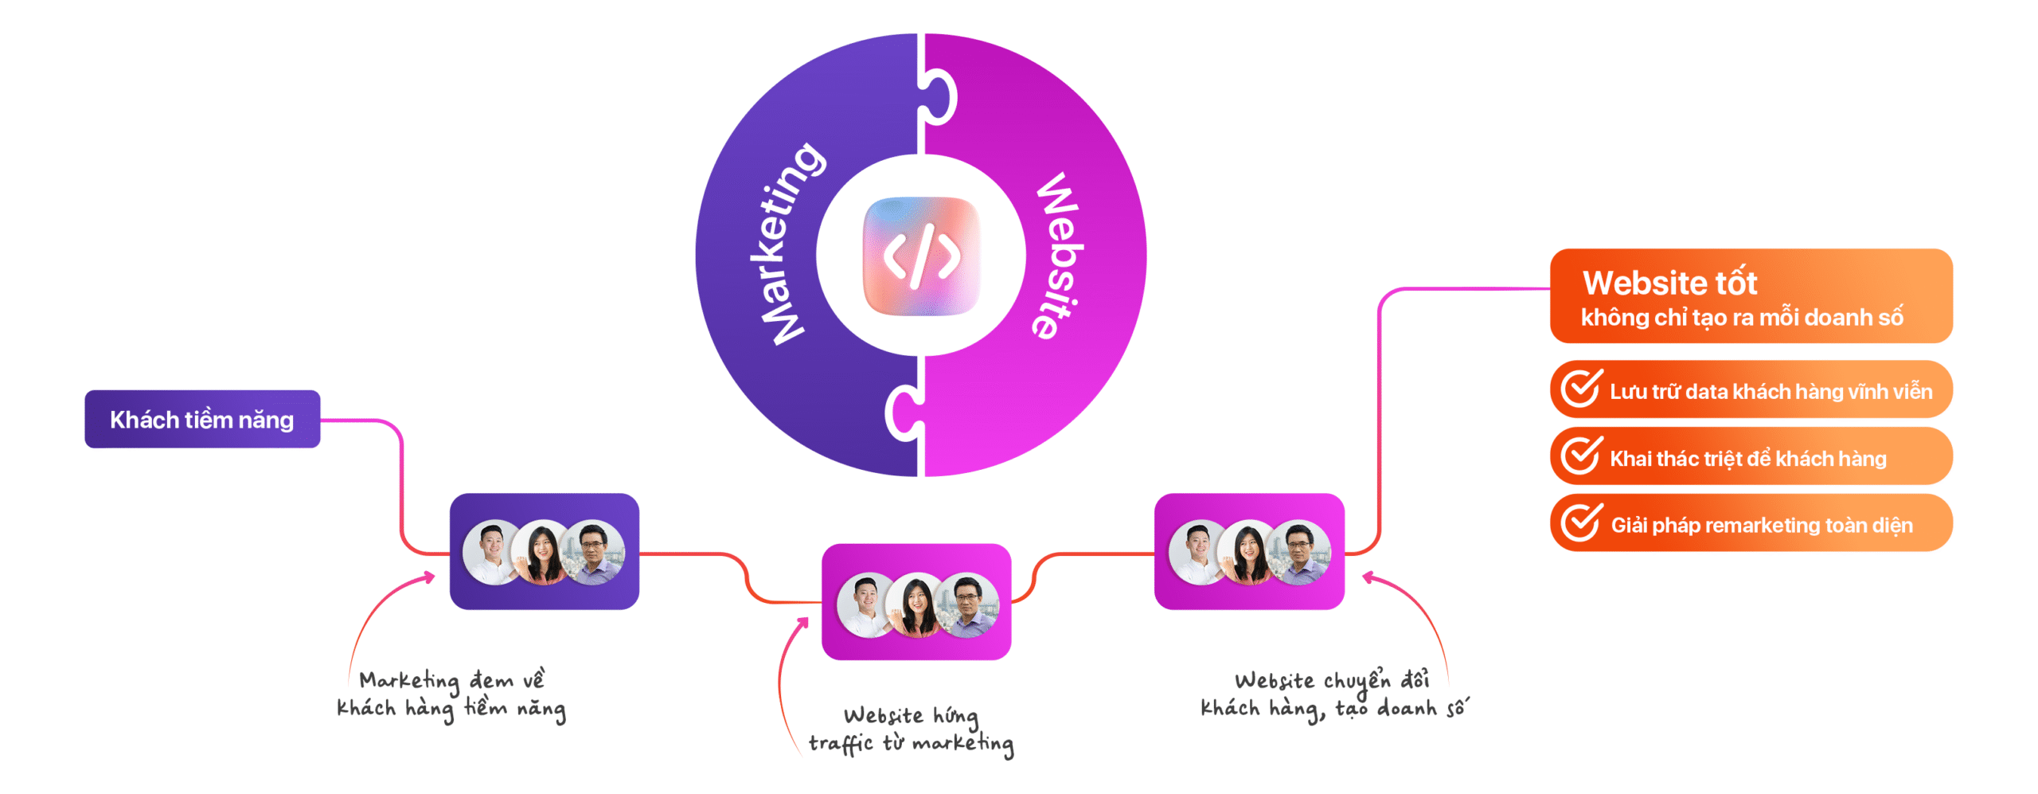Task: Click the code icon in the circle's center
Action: point(921,256)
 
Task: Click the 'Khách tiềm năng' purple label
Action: point(202,420)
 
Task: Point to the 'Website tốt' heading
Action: point(1669,283)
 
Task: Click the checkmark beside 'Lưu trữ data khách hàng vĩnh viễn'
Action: point(1580,389)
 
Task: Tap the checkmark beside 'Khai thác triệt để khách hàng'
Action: point(1580,456)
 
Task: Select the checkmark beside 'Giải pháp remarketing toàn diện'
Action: point(1580,522)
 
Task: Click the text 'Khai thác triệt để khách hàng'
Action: point(1747,459)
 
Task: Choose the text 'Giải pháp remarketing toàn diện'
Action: point(1761,526)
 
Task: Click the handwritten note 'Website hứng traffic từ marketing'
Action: point(911,729)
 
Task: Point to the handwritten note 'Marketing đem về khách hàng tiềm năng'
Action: point(451,694)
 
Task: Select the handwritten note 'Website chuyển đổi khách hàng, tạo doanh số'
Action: point(1333,694)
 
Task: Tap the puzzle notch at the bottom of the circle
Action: point(904,413)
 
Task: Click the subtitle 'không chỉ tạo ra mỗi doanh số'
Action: point(1742,318)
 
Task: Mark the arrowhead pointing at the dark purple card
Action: point(431,577)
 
